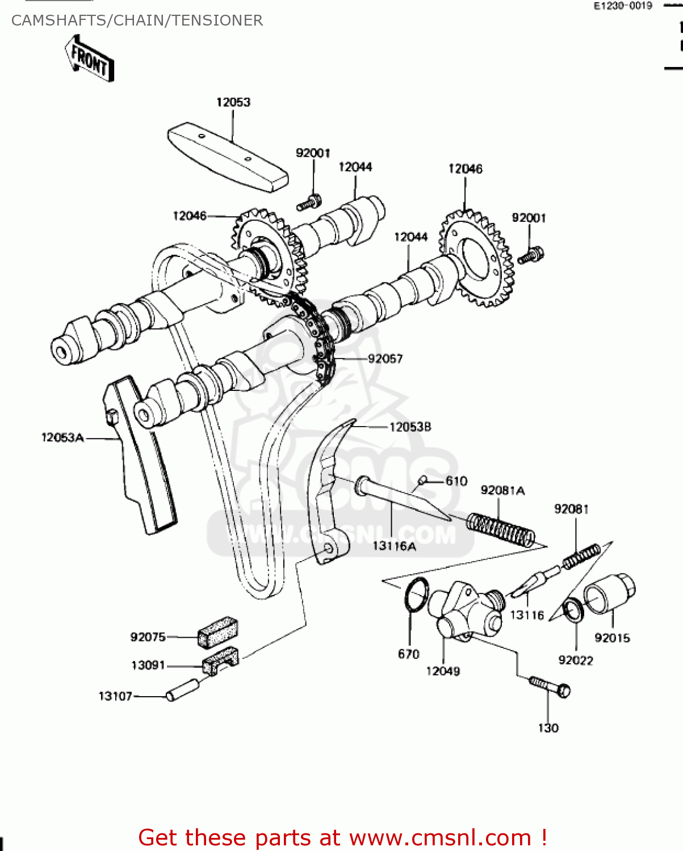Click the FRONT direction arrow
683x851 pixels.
click(90, 59)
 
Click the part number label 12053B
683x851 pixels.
click(410, 427)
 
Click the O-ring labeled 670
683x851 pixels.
click(416, 595)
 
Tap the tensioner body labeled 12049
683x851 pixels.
click(464, 616)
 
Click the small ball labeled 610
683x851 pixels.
click(422, 481)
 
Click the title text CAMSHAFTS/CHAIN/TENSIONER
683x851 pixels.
click(137, 20)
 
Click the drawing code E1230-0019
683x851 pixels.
click(623, 6)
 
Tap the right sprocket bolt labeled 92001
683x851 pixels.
click(531, 256)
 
